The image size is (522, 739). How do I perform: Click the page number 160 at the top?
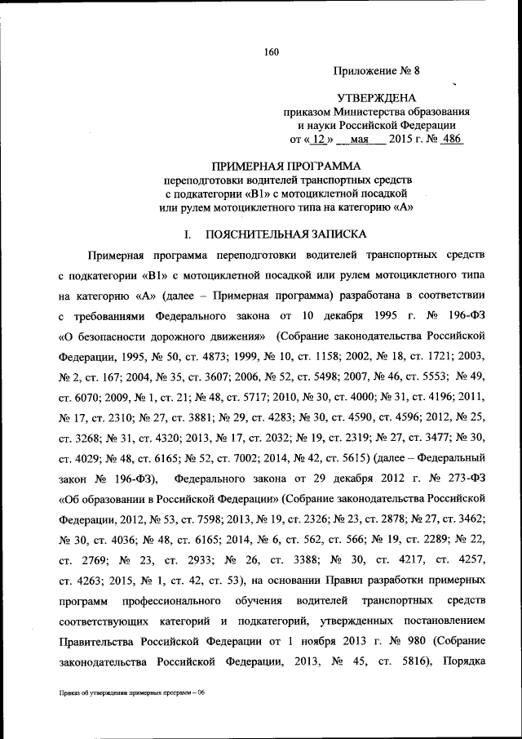272,53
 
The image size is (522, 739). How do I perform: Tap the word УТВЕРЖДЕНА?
375,97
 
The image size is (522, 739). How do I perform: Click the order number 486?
450,139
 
